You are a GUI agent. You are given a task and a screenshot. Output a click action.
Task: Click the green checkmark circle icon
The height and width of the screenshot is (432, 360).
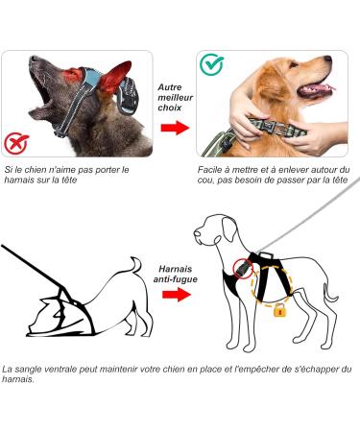(211, 65)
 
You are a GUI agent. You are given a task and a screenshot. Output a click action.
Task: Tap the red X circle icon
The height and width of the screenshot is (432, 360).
(16, 143)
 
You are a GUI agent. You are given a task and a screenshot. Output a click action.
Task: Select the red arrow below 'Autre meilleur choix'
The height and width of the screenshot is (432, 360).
(175, 128)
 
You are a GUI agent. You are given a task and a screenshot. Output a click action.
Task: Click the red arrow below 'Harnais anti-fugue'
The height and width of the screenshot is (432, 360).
(177, 295)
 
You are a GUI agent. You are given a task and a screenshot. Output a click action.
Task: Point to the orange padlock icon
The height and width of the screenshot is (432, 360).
(279, 310)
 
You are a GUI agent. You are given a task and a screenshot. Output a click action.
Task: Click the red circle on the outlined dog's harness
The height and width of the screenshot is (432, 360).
(243, 269)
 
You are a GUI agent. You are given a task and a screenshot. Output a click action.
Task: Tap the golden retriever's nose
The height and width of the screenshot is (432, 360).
(327, 59)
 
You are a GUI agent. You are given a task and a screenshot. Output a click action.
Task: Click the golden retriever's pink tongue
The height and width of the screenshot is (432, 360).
(320, 88)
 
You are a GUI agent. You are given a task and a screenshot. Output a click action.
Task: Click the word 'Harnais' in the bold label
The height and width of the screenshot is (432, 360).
(176, 269)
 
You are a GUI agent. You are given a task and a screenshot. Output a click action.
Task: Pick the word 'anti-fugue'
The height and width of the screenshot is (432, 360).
(175, 279)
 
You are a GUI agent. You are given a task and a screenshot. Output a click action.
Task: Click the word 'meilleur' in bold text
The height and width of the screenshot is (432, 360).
(176, 97)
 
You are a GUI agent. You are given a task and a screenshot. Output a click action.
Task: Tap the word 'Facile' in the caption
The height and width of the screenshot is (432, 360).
(209, 170)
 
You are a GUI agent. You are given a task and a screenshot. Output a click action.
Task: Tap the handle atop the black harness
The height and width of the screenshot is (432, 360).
(266, 255)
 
